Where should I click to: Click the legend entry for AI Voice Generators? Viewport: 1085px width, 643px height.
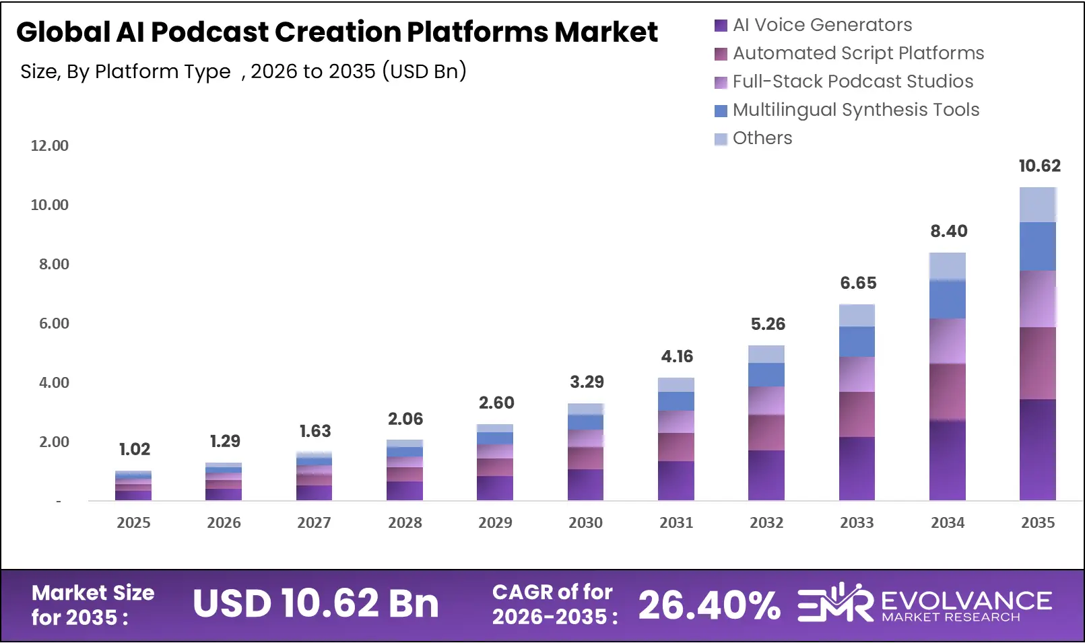click(822, 25)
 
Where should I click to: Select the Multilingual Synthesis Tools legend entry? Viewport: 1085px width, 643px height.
click(855, 110)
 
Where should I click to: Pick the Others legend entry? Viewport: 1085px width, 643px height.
click(762, 138)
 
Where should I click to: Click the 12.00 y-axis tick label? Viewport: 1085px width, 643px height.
click(50, 145)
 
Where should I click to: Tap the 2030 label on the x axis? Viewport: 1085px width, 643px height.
click(585, 522)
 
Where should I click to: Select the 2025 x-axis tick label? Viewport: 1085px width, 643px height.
click(133, 522)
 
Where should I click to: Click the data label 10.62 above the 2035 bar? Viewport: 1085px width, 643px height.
click(1039, 166)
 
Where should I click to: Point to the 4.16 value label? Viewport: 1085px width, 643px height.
click(677, 356)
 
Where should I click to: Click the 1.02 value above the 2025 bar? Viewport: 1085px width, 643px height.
click(134, 449)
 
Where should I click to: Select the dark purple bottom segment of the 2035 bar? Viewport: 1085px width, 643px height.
click(1037, 450)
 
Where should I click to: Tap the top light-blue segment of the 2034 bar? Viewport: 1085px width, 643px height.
click(947, 267)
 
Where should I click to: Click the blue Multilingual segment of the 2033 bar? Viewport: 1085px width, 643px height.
click(857, 341)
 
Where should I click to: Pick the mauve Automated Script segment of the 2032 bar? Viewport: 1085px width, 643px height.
click(766, 432)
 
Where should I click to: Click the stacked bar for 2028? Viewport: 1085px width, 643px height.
click(405, 471)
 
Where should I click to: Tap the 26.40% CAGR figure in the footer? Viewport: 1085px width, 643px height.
click(709, 605)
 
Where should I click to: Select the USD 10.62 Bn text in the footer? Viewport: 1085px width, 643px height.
click(315, 603)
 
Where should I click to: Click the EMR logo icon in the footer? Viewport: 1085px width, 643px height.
click(834, 603)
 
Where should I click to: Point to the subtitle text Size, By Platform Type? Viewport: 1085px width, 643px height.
click(125, 71)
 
